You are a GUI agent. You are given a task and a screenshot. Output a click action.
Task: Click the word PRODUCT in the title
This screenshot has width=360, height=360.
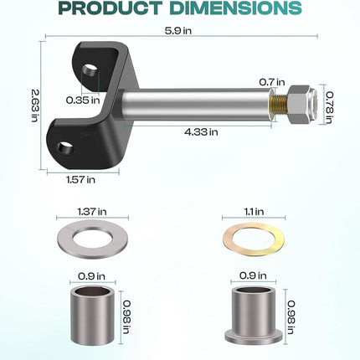tap(111, 8)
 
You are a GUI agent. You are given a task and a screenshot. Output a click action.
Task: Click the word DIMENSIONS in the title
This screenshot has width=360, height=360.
tap(236, 8)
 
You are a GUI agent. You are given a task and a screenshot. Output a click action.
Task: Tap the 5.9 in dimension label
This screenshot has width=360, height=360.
tap(178, 30)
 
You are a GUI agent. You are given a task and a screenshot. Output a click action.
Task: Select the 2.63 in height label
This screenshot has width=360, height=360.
tap(34, 105)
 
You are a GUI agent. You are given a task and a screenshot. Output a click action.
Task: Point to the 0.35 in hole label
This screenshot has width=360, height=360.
tap(83, 100)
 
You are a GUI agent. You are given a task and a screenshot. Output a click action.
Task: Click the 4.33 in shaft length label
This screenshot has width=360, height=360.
tap(201, 131)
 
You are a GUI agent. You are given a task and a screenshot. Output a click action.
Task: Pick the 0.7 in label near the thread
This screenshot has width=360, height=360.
tap(272, 82)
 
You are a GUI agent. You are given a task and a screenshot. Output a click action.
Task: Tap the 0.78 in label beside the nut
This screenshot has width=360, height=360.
tap(330, 107)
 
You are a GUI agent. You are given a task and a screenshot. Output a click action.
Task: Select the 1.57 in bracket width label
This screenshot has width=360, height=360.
tap(80, 179)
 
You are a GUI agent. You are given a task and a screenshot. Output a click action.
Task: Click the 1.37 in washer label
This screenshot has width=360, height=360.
tap(92, 211)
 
